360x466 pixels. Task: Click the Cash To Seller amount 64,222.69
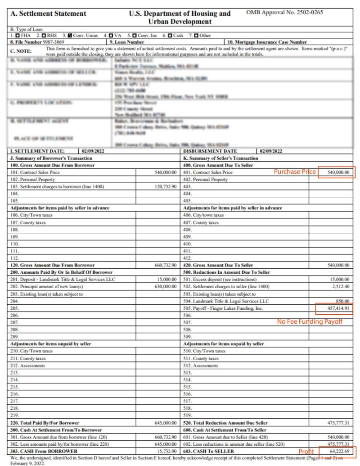pyautogui.click(x=337, y=451)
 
